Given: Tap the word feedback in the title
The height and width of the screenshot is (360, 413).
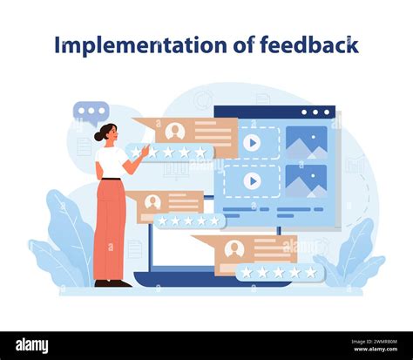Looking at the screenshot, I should (308, 44).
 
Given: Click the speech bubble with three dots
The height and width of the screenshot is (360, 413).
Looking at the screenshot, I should (91, 112).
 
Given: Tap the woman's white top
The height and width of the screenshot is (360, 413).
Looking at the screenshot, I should (112, 162).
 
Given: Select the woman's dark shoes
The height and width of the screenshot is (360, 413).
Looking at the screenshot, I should (112, 282).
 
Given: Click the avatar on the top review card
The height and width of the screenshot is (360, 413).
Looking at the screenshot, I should (174, 132).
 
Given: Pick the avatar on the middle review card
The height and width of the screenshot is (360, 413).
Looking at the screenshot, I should (152, 201).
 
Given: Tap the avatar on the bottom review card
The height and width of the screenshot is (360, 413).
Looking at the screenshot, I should (233, 248).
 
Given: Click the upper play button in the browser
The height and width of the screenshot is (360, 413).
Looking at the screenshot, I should (252, 143).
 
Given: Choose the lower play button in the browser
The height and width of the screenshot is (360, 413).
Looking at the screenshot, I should (252, 180).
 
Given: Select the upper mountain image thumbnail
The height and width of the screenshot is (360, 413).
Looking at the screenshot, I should (306, 143).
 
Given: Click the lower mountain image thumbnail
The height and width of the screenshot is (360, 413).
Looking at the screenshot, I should (306, 180).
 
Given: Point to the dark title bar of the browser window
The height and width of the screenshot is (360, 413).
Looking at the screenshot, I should (274, 112).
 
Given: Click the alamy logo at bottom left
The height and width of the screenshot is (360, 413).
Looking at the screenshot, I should (33, 345).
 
